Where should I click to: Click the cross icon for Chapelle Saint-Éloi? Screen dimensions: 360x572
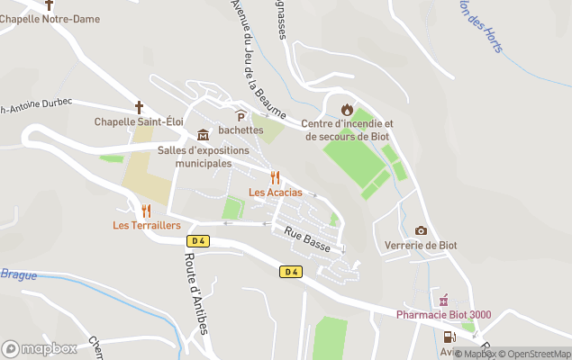[139, 107]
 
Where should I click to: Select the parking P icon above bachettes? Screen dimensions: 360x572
[241, 115]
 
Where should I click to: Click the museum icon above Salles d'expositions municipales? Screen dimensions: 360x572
[203, 135]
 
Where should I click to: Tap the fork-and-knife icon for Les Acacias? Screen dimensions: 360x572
[276, 177]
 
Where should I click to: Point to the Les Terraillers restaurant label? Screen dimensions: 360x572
[147, 225]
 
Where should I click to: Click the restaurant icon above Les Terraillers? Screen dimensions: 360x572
[147, 211]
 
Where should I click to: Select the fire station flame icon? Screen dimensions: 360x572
[347, 110]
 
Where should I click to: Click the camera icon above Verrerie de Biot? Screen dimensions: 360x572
[421, 231]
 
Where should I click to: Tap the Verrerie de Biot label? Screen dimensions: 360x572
[421, 246]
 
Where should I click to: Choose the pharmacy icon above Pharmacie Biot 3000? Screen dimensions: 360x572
[443, 300]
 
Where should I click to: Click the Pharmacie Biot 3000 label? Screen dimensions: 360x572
[444, 314]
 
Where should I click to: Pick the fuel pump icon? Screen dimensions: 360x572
[448, 337]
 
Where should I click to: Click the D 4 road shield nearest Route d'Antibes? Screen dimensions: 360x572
[198, 240]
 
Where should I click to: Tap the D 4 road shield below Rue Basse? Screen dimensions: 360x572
[289, 272]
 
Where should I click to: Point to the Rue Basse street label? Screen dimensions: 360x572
[306, 239]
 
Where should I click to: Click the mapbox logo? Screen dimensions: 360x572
[40, 349]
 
